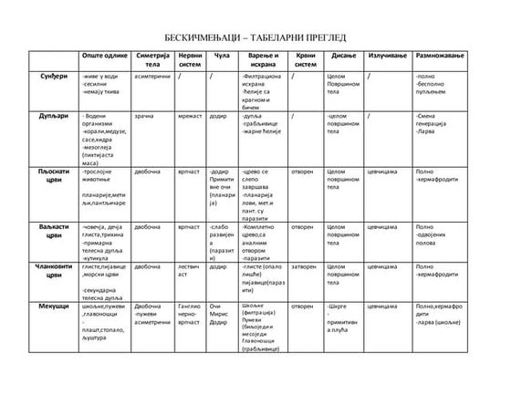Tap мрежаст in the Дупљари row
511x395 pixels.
click(191, 118)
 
